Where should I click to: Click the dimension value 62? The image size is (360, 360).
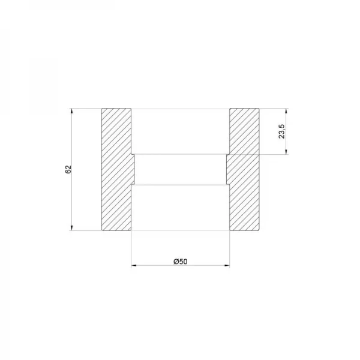[x=68, y=169]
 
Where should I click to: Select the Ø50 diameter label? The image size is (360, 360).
[x=180, y=261]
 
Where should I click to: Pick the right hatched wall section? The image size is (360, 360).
[x=244, y=169]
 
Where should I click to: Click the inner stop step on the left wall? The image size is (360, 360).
[x=133, y=169]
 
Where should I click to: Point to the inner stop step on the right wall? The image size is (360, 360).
[x=227, y=169]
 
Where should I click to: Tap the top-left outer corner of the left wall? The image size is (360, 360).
[x=101, y=109]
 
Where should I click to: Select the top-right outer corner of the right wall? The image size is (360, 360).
[x=259, y=109]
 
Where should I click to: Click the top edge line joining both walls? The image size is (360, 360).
[x=180, y=109]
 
